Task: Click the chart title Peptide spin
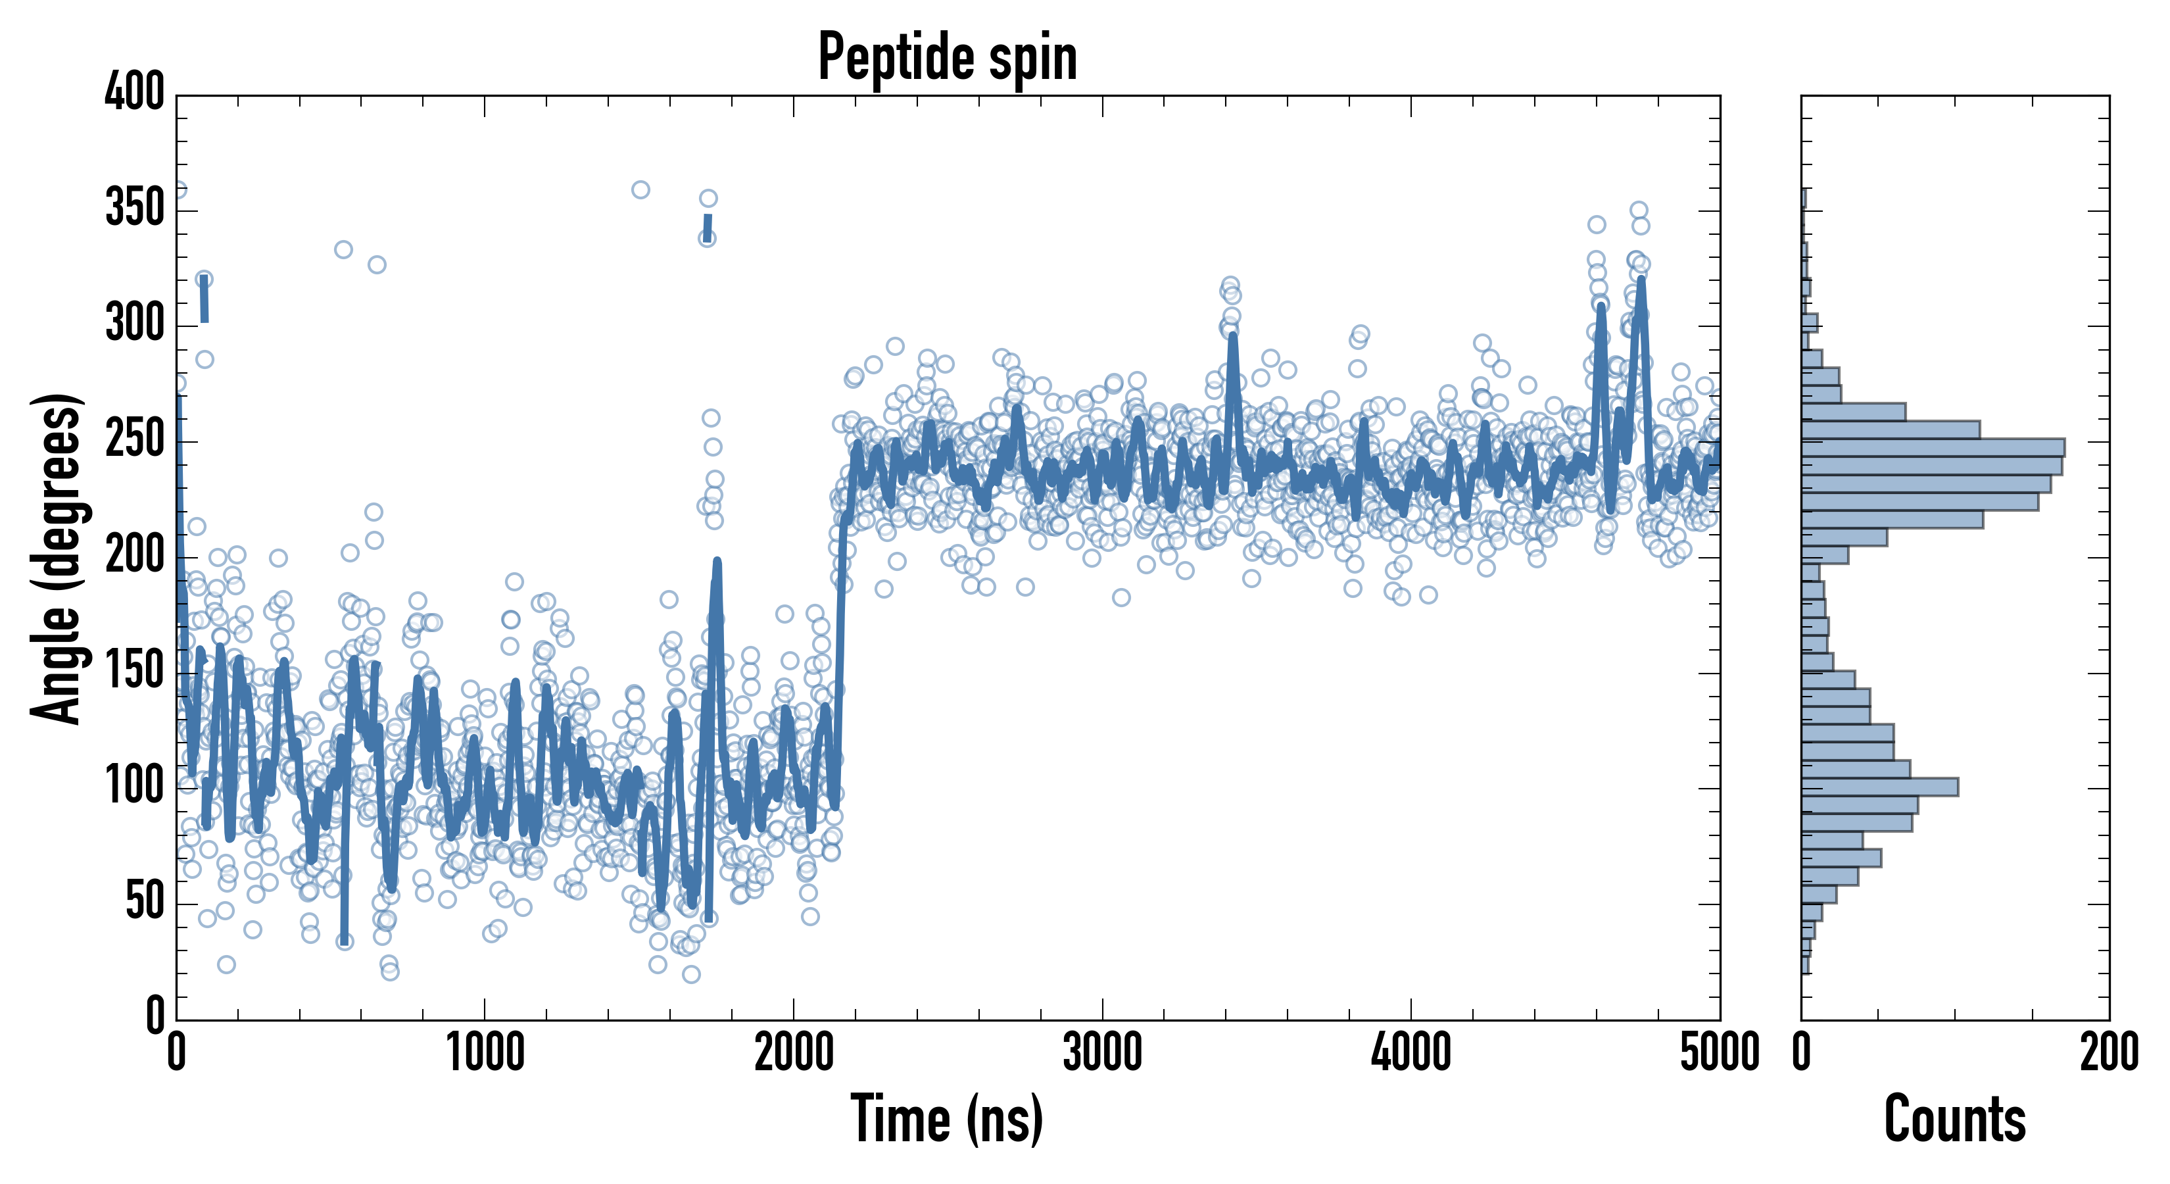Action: [948, 57]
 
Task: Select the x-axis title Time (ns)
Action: [948, 1118]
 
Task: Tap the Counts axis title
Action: [1954, 1118]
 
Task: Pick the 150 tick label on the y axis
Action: [134, 671]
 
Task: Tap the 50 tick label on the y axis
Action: [145, 902]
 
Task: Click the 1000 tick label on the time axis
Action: [485, 1052]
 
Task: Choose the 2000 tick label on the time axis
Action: [794, 1052]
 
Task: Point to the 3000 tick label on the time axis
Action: [1102, 1052]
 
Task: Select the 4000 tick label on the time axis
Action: [1411, 1052]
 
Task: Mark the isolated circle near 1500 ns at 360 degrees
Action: [640, 189]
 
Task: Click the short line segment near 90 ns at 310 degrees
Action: [204, 299]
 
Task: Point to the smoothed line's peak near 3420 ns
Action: [1233, 337]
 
